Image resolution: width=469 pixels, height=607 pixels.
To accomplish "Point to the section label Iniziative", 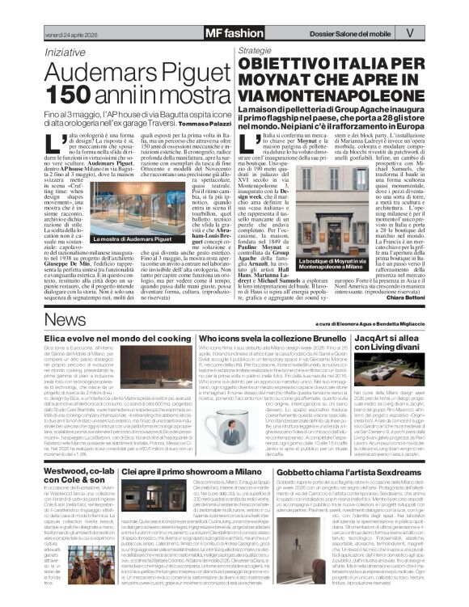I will click(65, 51).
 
